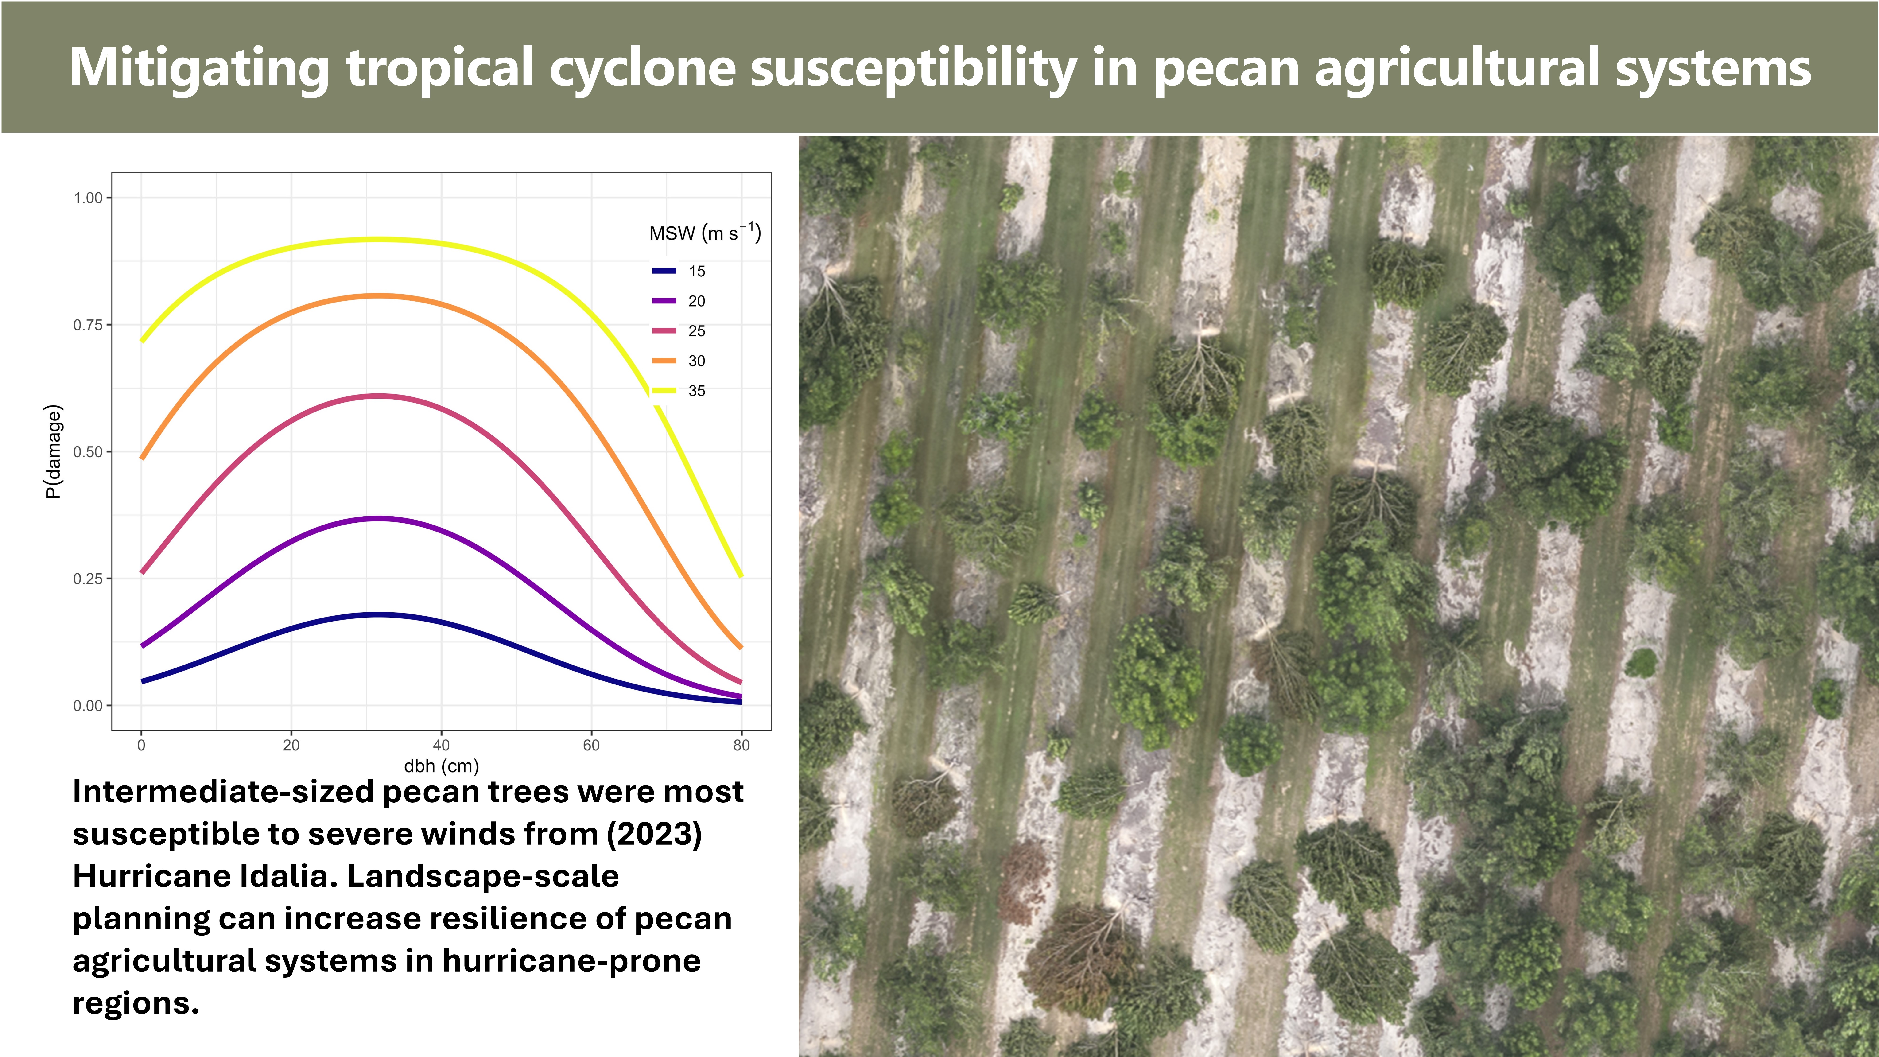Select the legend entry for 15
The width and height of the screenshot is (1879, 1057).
click(678, 271)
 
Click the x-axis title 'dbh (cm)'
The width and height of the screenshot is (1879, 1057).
click(441, 766)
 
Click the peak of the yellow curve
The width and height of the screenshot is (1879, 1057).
click(377, 239)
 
